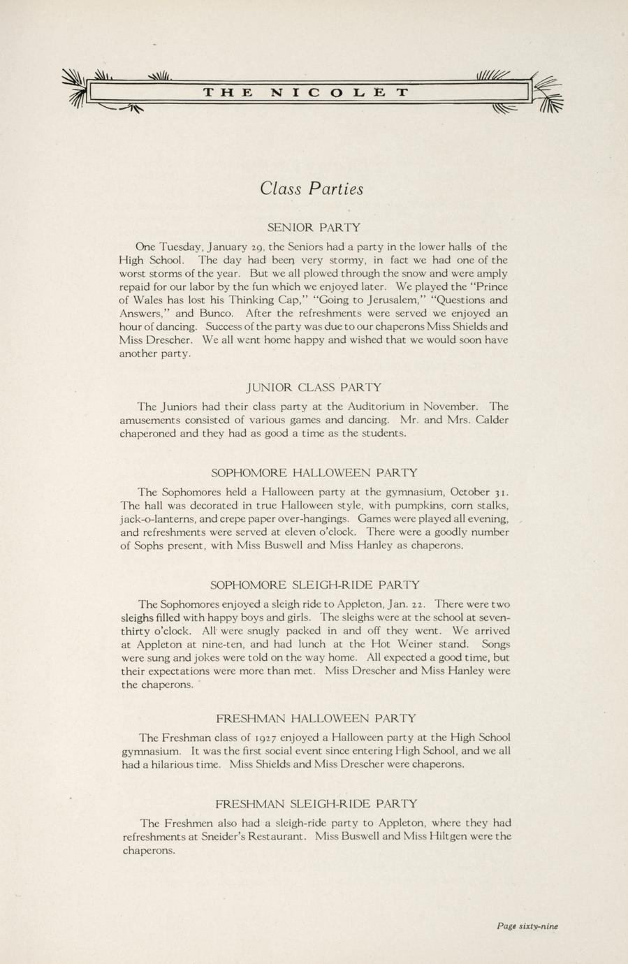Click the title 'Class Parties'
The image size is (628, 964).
312,189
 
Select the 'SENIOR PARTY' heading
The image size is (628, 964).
314,227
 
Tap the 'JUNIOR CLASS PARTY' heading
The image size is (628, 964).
314,387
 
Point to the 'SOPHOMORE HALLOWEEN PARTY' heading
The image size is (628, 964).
314,473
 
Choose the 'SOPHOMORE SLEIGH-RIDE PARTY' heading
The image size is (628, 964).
315,585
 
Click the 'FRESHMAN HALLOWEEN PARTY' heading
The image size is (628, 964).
316,718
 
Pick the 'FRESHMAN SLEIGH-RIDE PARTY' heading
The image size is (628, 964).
316,804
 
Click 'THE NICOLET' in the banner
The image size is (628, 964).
306,92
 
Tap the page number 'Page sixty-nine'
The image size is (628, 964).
527,926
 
